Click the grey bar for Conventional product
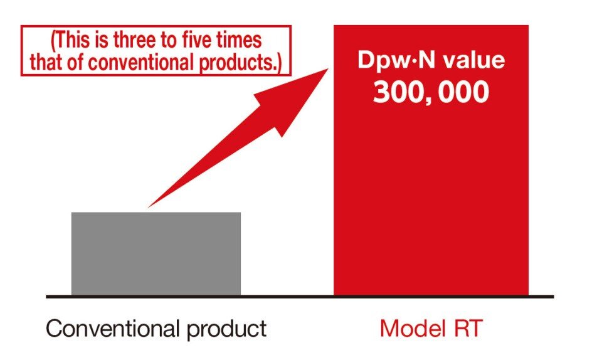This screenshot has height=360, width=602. (x=156, y=253)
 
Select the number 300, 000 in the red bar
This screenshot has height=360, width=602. (x=430, y=92)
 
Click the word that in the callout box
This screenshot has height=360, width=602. (x=45, y=62)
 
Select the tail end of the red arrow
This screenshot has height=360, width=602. (x=150, y=206)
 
